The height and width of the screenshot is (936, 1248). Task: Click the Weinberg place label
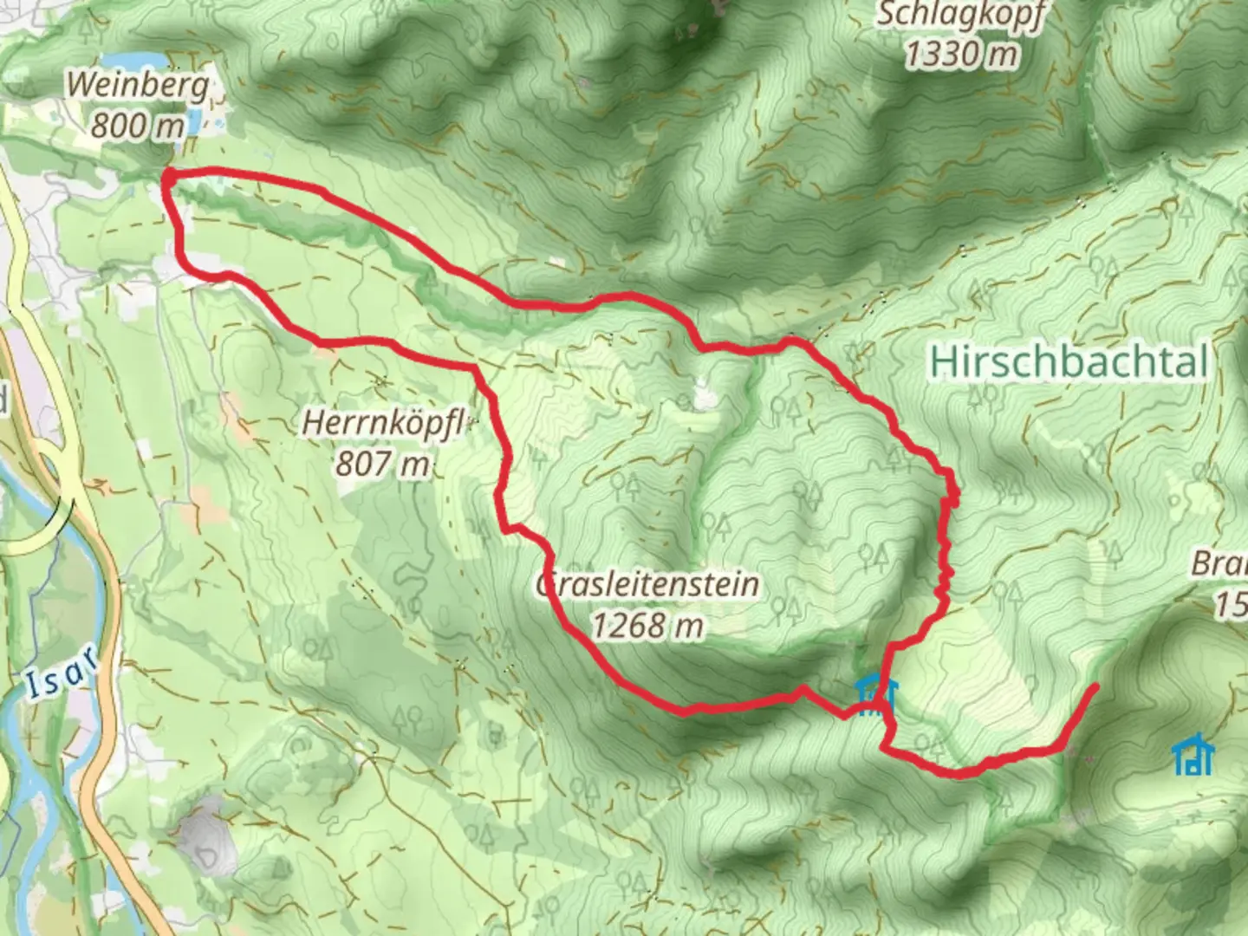(138, 86)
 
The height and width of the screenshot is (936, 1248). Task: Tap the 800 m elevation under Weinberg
(138, 126)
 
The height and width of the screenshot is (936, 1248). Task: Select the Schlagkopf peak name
(961, 16)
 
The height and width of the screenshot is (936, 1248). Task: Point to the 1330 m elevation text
(961, 55)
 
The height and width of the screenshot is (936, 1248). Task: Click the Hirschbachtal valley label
(1068, 362)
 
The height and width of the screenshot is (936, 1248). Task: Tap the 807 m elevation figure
(383, 465)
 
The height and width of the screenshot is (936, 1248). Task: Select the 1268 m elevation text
(648, 624)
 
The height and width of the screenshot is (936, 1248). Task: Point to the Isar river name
(59, 674)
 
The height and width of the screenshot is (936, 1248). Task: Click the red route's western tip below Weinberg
(166, 177)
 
